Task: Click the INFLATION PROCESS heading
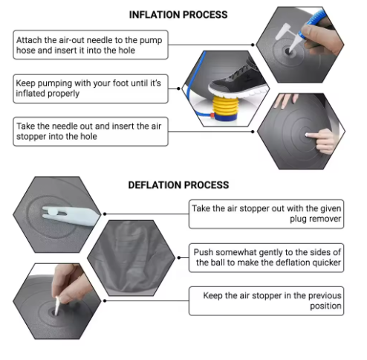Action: point(178,15)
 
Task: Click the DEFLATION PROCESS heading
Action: point(178,185)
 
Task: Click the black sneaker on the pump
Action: point(238,81)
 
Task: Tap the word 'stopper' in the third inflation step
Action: point(32,137)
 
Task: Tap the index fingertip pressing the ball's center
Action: point(308,135)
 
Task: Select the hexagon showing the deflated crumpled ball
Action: point(131,258)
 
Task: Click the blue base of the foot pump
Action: point(226,117)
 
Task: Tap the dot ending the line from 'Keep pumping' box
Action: point(178,89)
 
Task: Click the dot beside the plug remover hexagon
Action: point(105,213)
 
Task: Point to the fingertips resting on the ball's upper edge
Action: point(285,100)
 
